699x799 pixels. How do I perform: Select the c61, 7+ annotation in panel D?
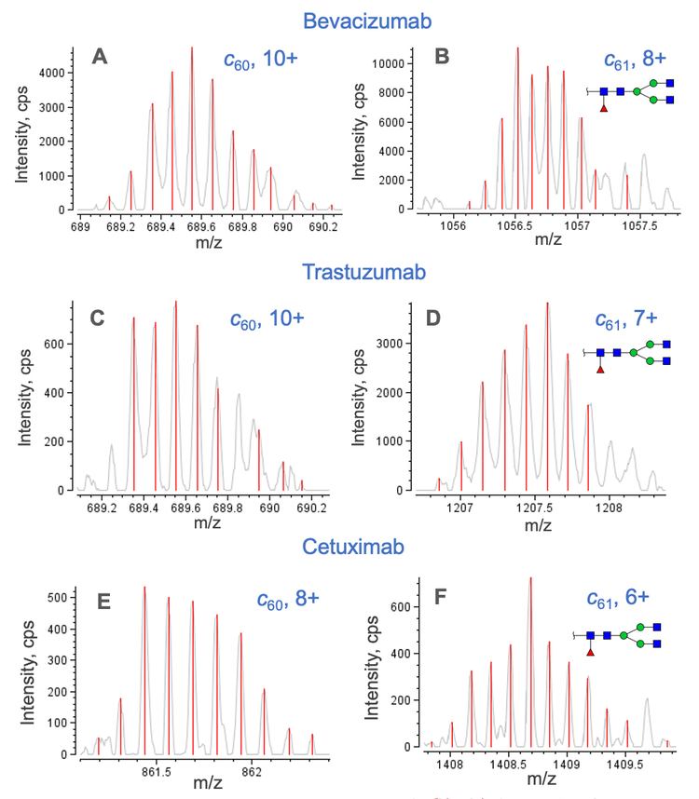click(x=627, y=319)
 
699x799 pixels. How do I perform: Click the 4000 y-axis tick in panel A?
click(x=53, y=72)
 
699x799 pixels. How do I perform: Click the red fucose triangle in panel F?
click(x=590, y=652)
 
